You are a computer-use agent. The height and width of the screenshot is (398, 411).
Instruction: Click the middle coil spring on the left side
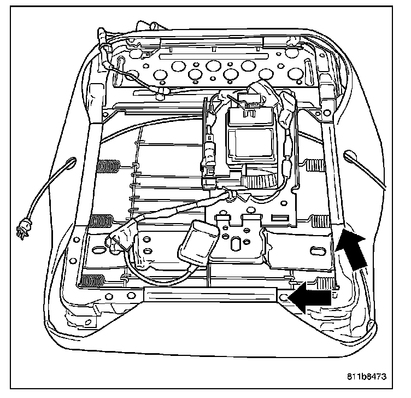pos(101,221)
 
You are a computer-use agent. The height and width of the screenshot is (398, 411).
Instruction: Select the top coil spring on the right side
pos(314,162)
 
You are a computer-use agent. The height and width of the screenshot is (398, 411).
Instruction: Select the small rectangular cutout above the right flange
pos(279,219)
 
